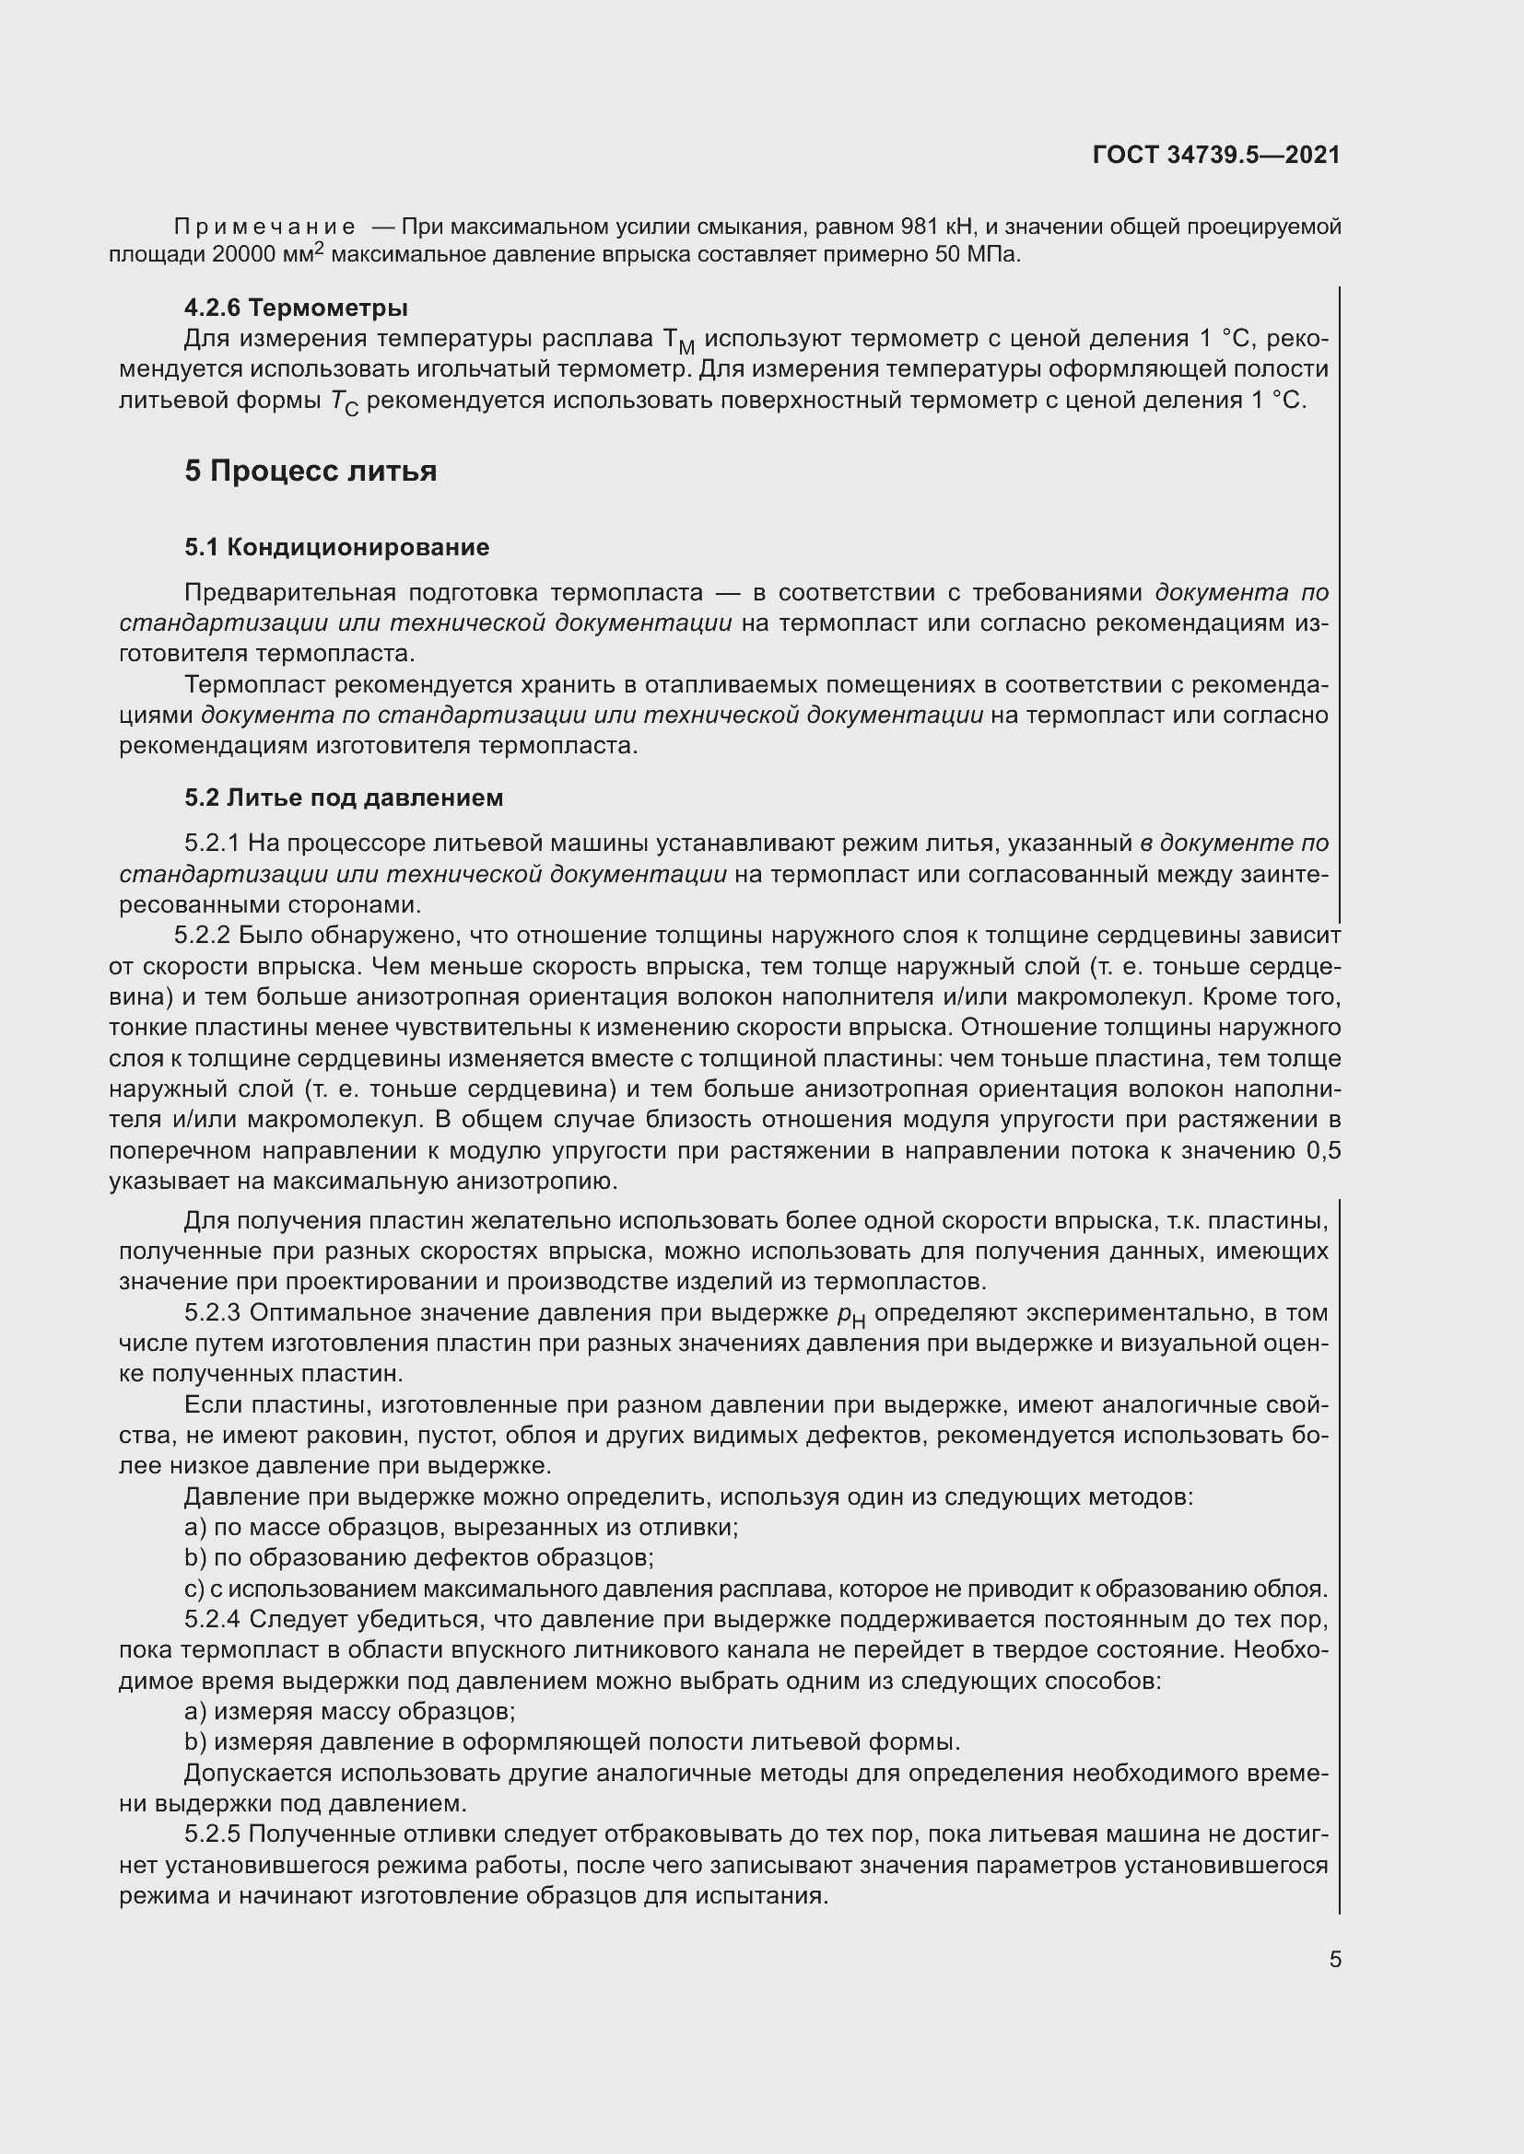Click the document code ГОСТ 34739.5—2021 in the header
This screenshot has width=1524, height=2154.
1215,156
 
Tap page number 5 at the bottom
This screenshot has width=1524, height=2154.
1334,1960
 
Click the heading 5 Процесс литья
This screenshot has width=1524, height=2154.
311,471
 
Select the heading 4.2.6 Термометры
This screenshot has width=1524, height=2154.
296,308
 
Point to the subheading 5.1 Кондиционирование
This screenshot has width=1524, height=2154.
337,547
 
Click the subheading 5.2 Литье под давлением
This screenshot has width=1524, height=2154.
344,798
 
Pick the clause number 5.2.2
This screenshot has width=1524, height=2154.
202,936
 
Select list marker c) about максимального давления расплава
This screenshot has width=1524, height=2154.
194,1590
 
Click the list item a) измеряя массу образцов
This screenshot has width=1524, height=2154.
350,1712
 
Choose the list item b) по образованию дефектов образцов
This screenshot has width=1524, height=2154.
419,1558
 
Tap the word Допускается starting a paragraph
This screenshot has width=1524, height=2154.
258,1773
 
